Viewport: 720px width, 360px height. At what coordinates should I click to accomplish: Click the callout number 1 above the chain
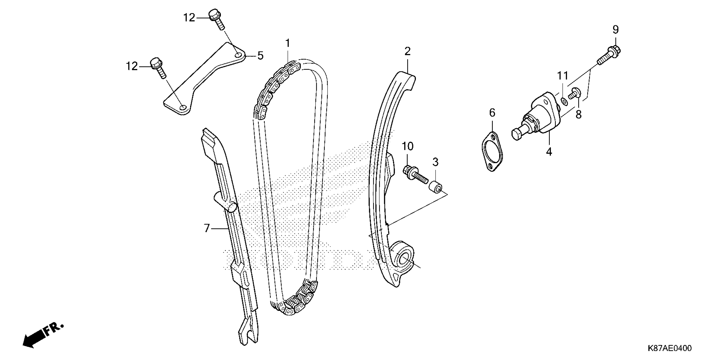click(288, 44)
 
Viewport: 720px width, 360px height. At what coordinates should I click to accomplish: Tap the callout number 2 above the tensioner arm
click(407, 51)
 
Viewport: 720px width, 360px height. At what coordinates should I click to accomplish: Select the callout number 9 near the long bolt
click(616, 30)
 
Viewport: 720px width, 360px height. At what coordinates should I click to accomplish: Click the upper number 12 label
click(189, 18)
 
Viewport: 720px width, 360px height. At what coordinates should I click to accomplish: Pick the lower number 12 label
click(132, 66)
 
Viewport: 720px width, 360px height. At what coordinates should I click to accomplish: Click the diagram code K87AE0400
click(669, 348)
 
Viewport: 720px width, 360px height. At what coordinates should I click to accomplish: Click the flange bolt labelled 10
click(415, 175)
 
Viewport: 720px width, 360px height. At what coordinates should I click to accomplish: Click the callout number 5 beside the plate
click(260, 56)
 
